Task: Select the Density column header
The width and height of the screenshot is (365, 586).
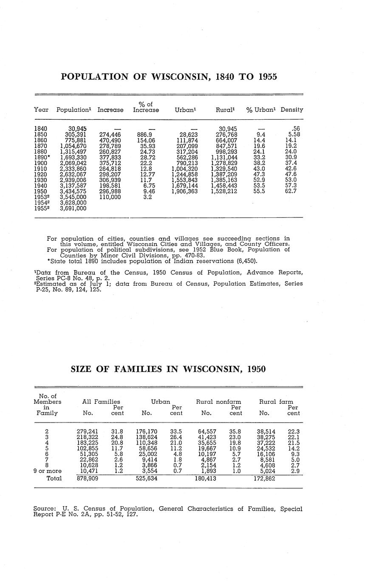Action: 291,110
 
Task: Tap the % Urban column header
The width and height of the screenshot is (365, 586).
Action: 261,110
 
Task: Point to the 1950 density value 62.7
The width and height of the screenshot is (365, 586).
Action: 291,191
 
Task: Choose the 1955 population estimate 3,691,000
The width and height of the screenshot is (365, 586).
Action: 73,208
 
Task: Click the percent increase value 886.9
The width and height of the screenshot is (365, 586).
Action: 145,135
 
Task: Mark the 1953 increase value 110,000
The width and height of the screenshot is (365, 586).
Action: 110,197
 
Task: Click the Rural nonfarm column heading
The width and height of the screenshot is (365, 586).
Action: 218,401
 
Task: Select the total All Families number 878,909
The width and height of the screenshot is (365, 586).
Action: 88,478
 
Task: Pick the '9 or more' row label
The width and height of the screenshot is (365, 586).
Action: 47,471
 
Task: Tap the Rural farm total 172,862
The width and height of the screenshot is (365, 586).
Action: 266,478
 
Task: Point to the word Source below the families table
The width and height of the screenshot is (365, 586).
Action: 44,508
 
